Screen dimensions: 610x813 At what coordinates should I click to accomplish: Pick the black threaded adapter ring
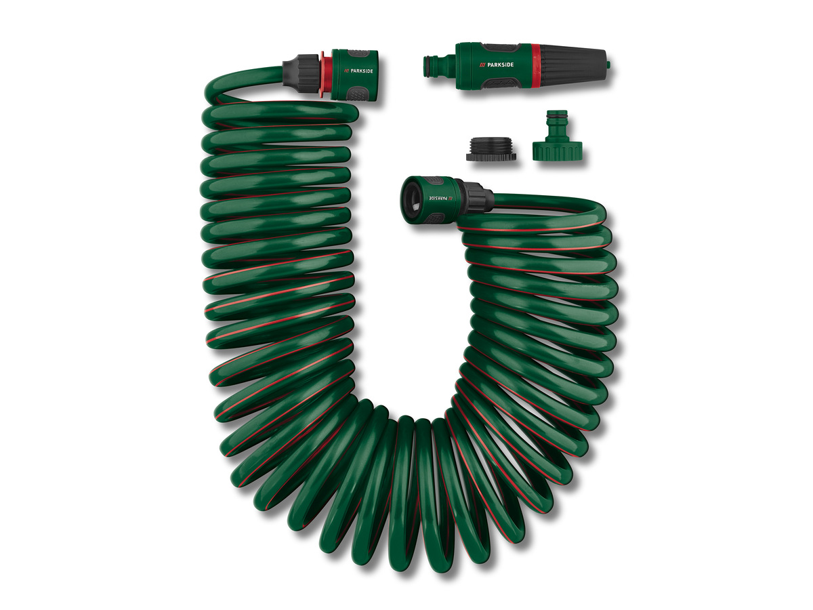click(x=491, y=148)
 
